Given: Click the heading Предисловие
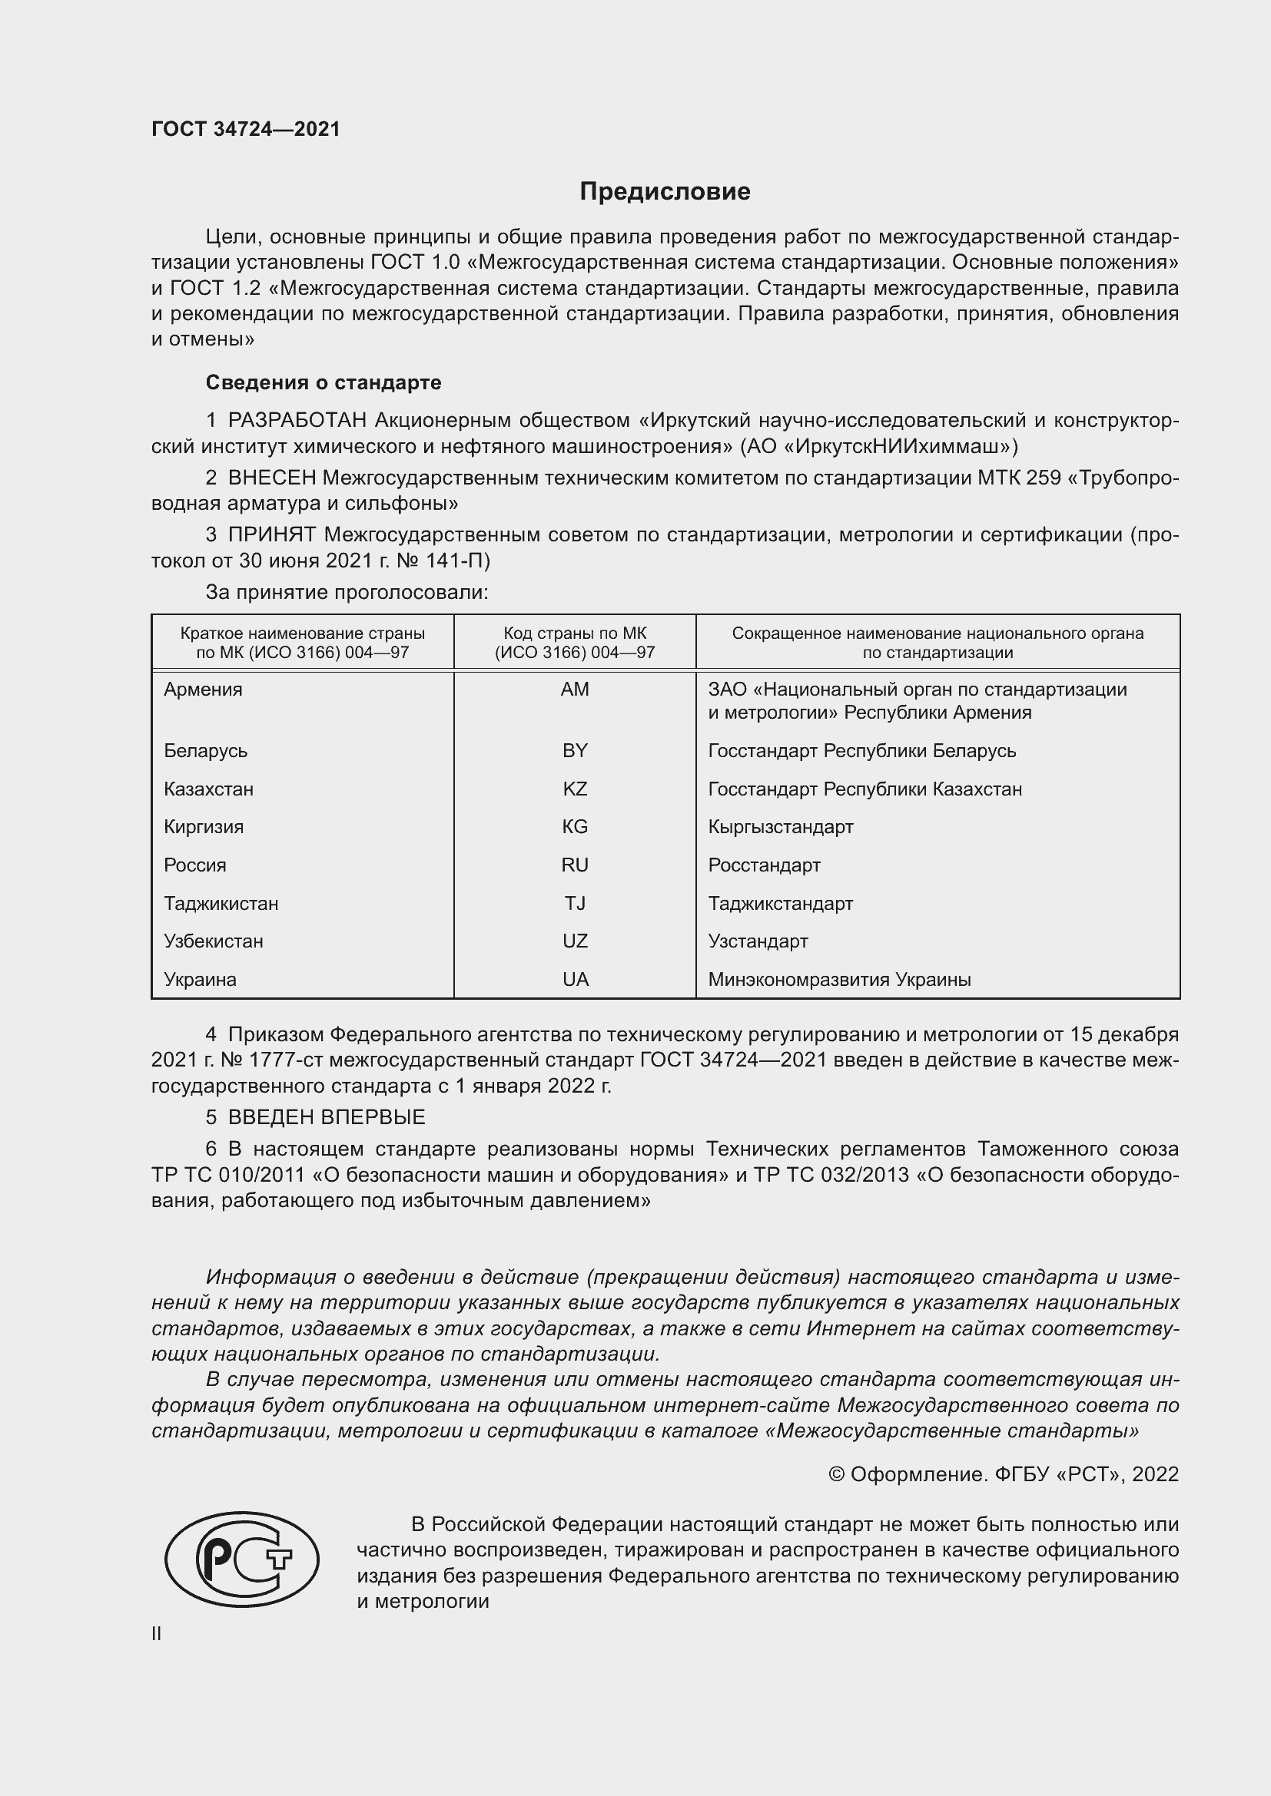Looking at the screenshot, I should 665,192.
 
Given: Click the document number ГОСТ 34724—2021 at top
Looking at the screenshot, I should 246,129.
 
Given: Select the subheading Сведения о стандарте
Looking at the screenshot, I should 324,382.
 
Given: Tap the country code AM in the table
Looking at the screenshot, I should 575,689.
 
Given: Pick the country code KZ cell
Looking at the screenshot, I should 575,789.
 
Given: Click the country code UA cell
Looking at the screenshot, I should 575,979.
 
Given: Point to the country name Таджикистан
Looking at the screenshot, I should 221,904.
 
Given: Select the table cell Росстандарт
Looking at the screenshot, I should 764,865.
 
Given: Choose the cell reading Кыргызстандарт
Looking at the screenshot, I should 780,827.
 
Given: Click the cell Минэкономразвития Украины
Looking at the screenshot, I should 839,979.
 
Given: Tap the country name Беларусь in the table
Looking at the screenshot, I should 205,751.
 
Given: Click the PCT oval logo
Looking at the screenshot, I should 242,1560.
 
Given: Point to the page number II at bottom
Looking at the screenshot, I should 157,1633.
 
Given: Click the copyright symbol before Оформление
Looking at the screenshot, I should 836,1474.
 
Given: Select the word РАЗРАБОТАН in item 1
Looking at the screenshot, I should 297,421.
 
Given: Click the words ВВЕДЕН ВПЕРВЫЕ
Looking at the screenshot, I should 327,1117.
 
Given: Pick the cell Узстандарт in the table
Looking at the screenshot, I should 758,941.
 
